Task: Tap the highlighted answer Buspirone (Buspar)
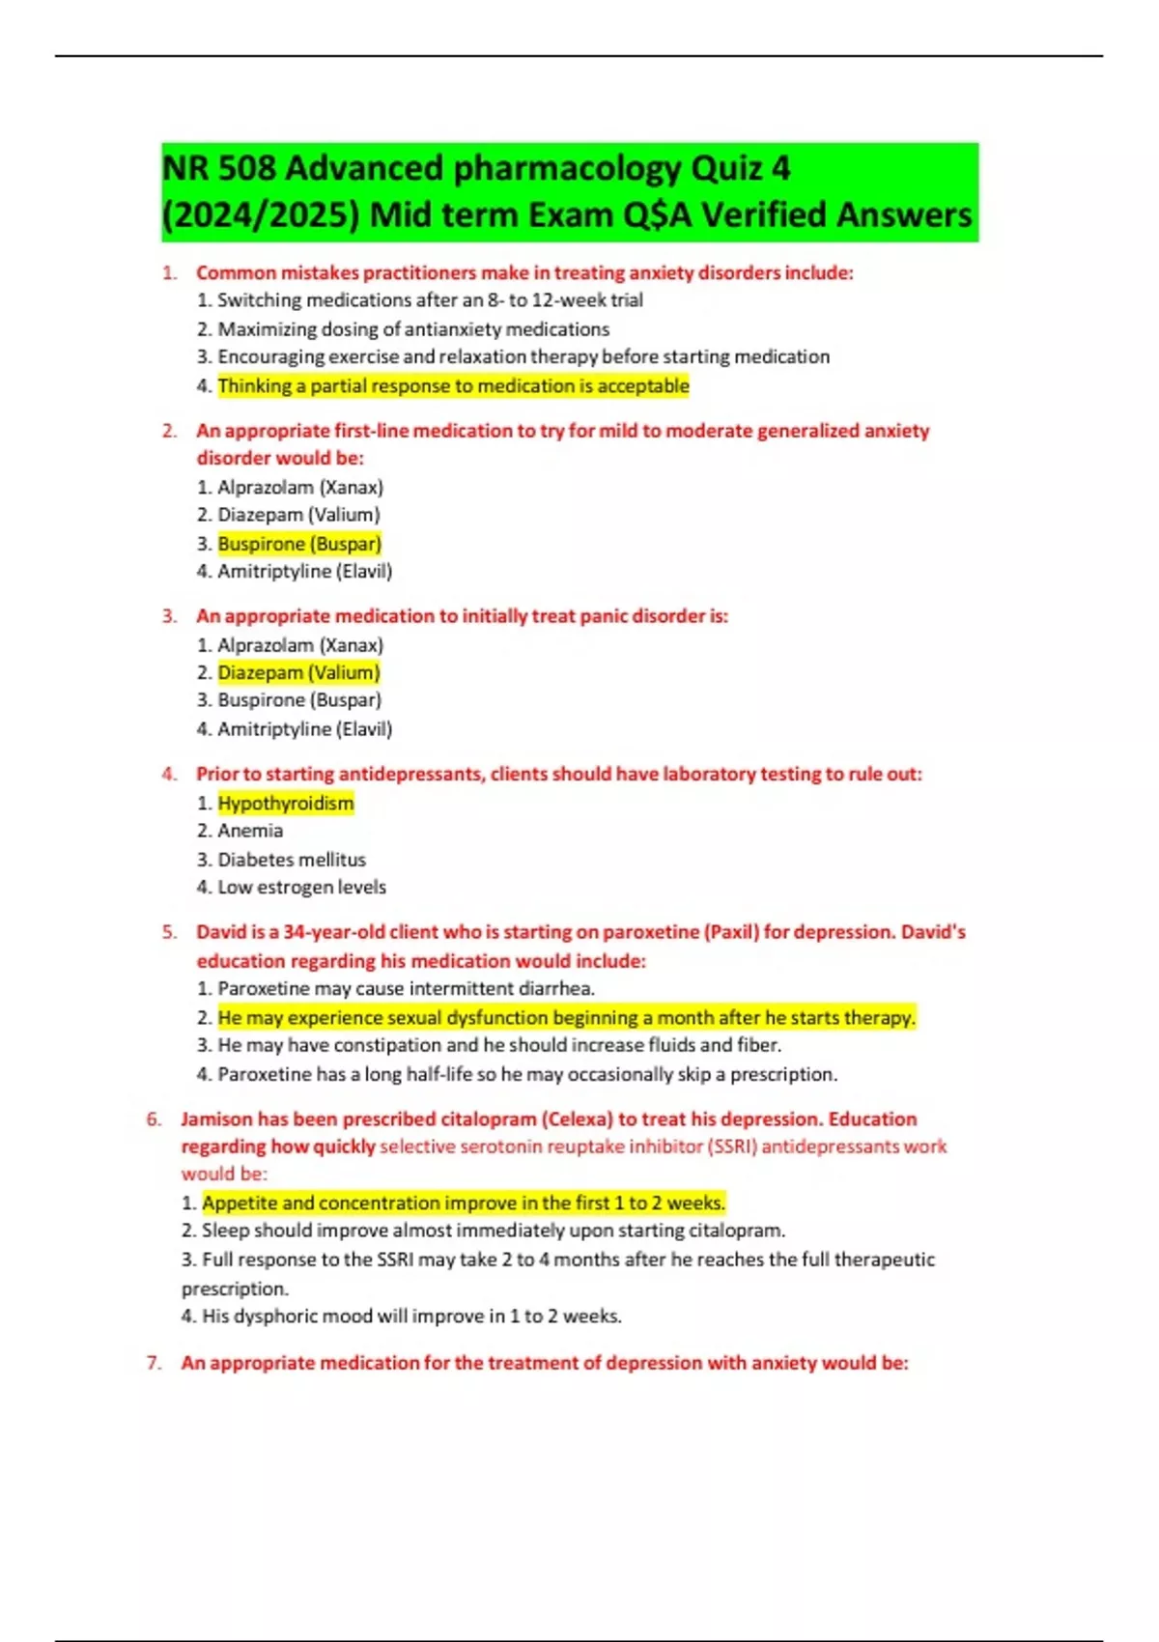pyautogui.click(x=299, y=544)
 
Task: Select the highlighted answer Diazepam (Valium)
pyautogui.click(x=298, y=672)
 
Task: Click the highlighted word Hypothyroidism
pyautogui.click(x=286, y=803)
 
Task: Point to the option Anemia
pyautogui.click(x=250, y=831)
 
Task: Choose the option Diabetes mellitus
pyautogui.click(x=292, y=860)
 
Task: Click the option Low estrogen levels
pyautogui.click(x=301, y=887)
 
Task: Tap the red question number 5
pyautogui.click(x=170, y=932)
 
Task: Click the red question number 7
pyautogui.click(x=154, y=1363)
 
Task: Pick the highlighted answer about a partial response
pyautogui.click(x=453, y=386)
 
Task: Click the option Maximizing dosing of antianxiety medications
pyautogui.click(x=413, y=329)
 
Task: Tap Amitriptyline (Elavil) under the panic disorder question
pyautogui.click(x=304, y=729)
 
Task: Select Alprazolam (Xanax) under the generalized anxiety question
pyautogui.click(x=299, y=487)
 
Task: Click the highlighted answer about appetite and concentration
pyautogui.click(x=464, y=1203)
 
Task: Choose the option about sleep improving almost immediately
pyautogui.click(x=494, y=1231)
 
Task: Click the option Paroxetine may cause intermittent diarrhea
pyautogui.click(x=406, y=988)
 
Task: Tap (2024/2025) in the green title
pyautogui.click(x=261, y=215)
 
